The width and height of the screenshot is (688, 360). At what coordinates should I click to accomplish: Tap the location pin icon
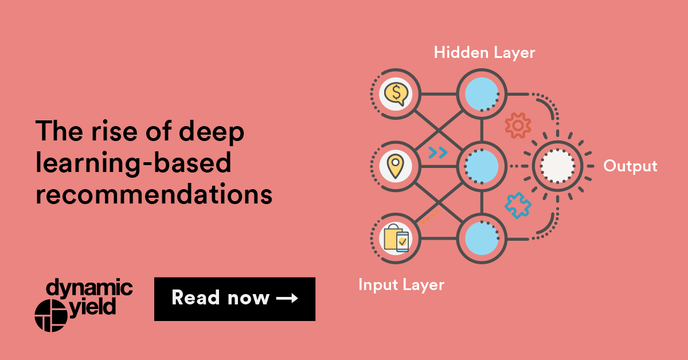click(x=396, y=166)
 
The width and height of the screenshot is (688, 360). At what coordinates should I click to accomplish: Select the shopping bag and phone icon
click(x=396, y=238)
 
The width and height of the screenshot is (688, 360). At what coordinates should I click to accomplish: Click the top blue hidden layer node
click(x=482, y=94)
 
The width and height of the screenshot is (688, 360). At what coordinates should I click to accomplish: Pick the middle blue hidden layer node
click(x=482, y=166)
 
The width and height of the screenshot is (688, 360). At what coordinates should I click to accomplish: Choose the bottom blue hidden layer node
click(x=482, y=238)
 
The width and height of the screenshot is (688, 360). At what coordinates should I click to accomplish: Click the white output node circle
click(x=557, y=166)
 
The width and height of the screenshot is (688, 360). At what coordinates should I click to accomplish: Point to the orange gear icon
click(x=518, y=126)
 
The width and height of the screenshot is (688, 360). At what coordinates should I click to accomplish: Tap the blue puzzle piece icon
click(x=518, y=205)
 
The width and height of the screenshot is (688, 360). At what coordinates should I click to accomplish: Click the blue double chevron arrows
click(x=438, y=152)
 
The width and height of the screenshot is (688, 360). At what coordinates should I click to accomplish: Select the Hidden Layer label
click(x=484, y=53)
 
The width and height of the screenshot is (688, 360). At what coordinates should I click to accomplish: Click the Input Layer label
click(x=401, y=285)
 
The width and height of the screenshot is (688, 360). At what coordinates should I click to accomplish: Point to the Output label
click(x=630, y=166)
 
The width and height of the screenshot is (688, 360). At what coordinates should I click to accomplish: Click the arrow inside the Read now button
click(x=287, y=298)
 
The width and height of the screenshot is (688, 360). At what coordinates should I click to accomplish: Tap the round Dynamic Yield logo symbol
click(x=51, y=315)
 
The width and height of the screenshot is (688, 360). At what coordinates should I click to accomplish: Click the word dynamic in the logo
click(x=89, y=288)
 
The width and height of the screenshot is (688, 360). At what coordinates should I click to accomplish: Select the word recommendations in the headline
click(x=154, y=194)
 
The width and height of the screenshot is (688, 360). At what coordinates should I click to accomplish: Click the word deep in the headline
click(x=212, y=131)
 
